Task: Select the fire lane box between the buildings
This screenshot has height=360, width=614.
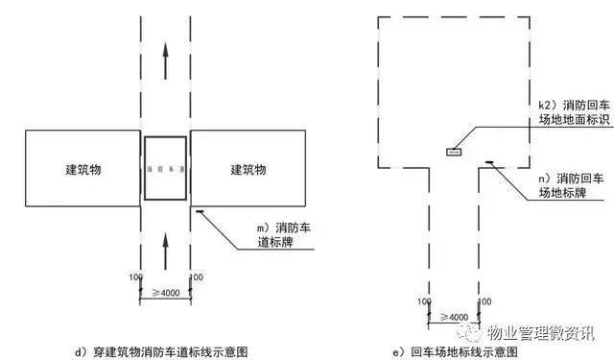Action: tap(165, 168)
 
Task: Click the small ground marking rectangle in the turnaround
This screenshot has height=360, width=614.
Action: tap(453, 150)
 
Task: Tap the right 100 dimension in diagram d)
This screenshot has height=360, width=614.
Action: tap(197, 277)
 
